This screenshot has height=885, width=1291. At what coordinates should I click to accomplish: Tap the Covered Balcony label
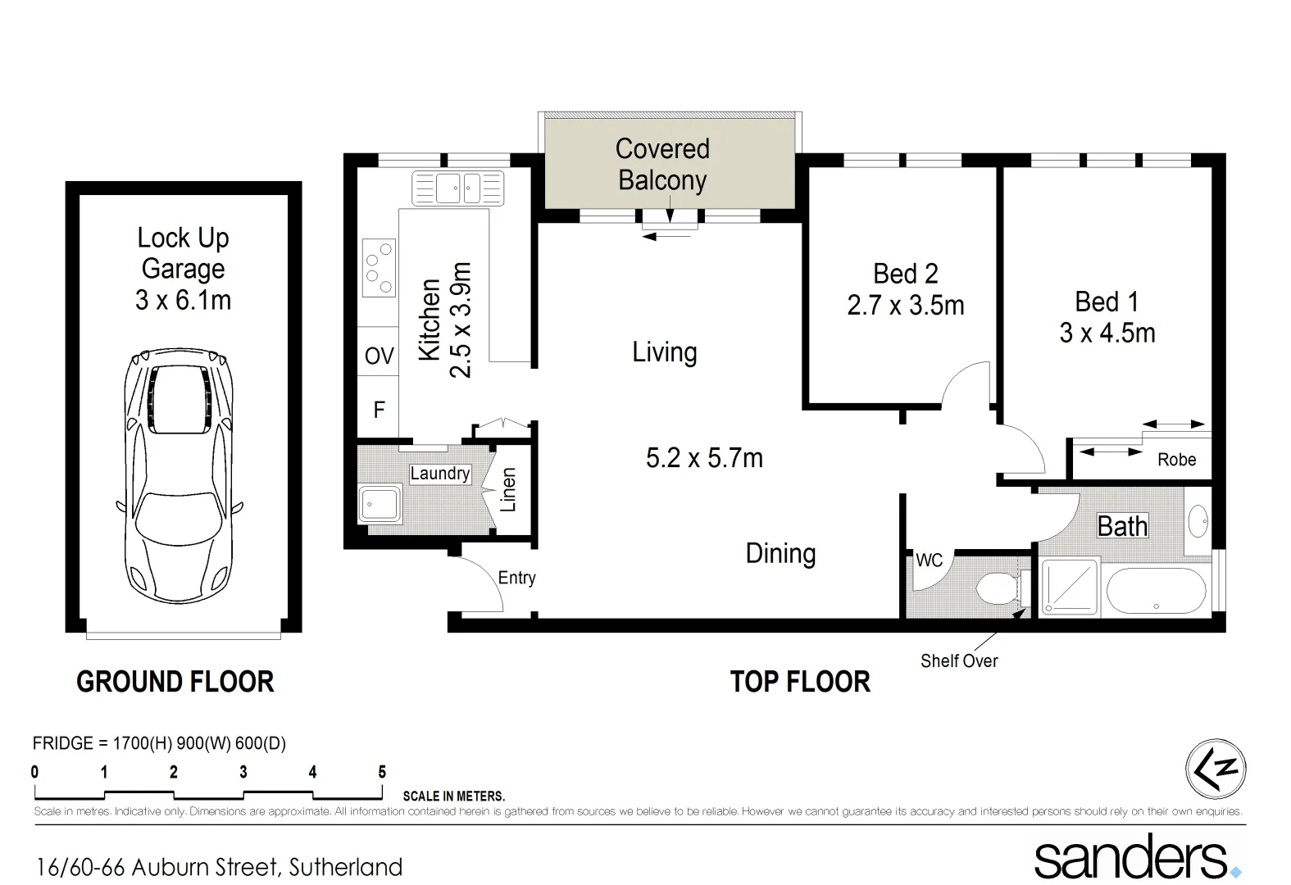coord(662,164)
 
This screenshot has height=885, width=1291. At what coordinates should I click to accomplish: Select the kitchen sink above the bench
coord(457,188)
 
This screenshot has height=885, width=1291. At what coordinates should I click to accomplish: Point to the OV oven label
coord(379,356)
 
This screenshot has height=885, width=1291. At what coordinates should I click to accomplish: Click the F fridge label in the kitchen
coord(379,410)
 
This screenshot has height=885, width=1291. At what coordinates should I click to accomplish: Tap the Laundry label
coord(439,474)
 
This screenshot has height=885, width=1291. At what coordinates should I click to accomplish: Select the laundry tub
coord(380,503)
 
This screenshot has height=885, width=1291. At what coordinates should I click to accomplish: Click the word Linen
coord(508,490)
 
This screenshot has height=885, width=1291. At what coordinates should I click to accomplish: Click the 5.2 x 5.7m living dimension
coord(704,458)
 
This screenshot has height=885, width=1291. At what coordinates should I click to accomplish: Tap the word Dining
coord(780,554)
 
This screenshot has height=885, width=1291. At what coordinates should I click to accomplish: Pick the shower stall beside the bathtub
coord(1069,587)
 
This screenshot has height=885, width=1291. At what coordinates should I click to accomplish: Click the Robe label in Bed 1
coord(1176,460)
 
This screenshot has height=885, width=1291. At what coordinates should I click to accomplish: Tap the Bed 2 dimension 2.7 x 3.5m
coord(905,306)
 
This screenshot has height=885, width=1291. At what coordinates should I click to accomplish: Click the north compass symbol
coord(1216,769)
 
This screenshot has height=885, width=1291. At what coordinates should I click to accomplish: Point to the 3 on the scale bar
coord(243,772)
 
